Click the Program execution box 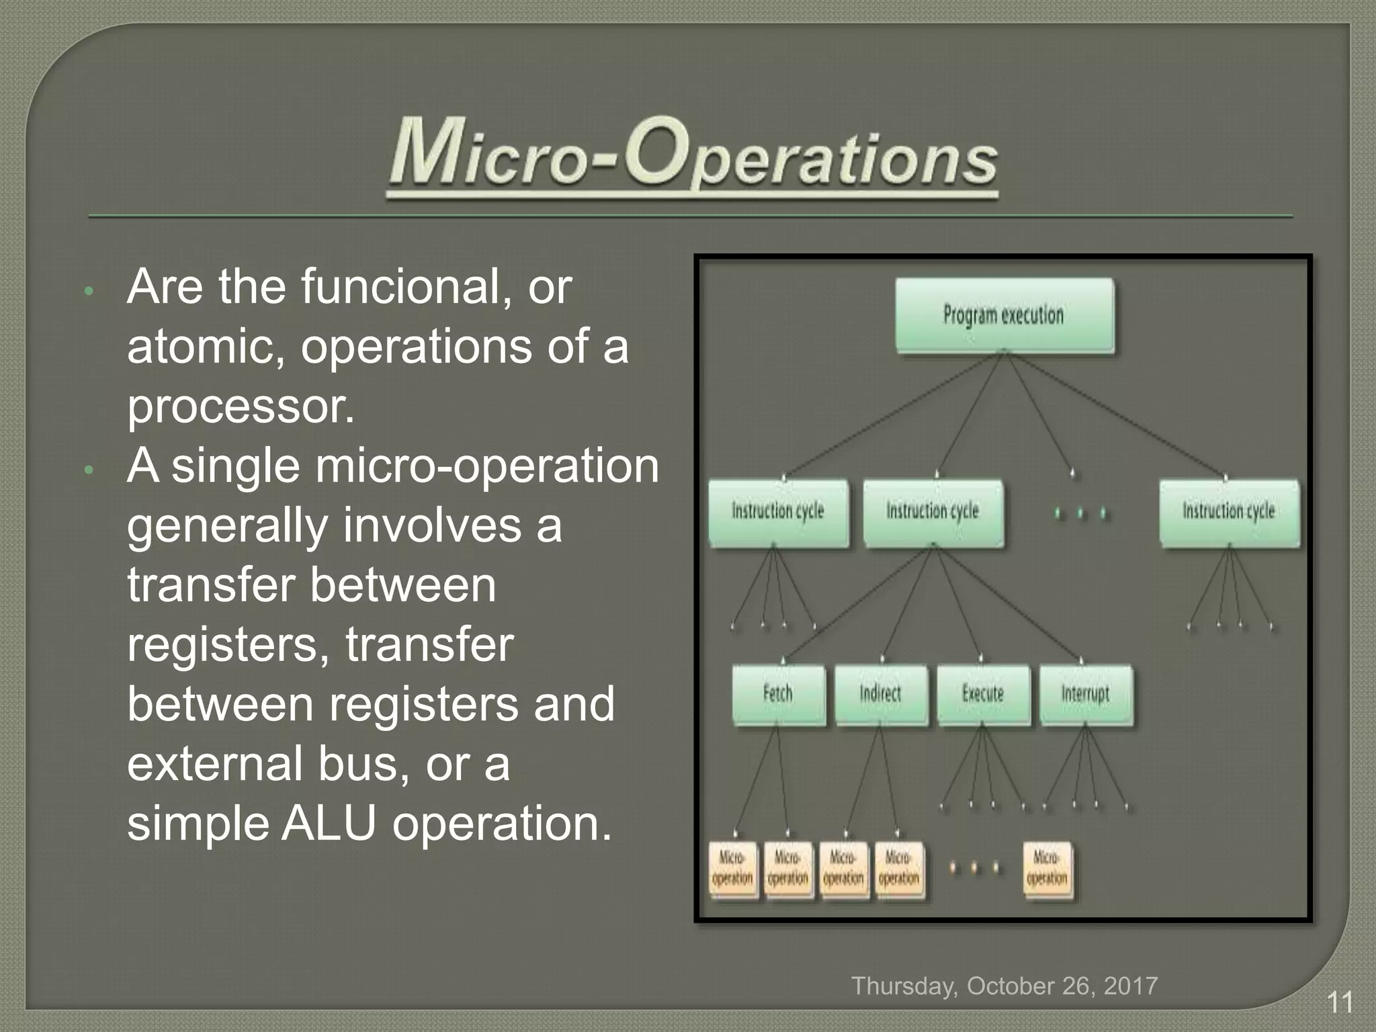(1004, 315)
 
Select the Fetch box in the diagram (778, 694)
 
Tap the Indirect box (880, 694)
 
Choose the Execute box (983, 694)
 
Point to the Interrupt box (1085, 694)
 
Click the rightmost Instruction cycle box (1229, 512)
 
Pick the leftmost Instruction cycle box (778, 512)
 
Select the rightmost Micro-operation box (1047, 869)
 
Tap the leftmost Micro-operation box (732, 869)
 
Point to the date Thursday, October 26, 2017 (1004, 986)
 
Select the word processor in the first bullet (241, 406)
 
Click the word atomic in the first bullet (205, 347)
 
